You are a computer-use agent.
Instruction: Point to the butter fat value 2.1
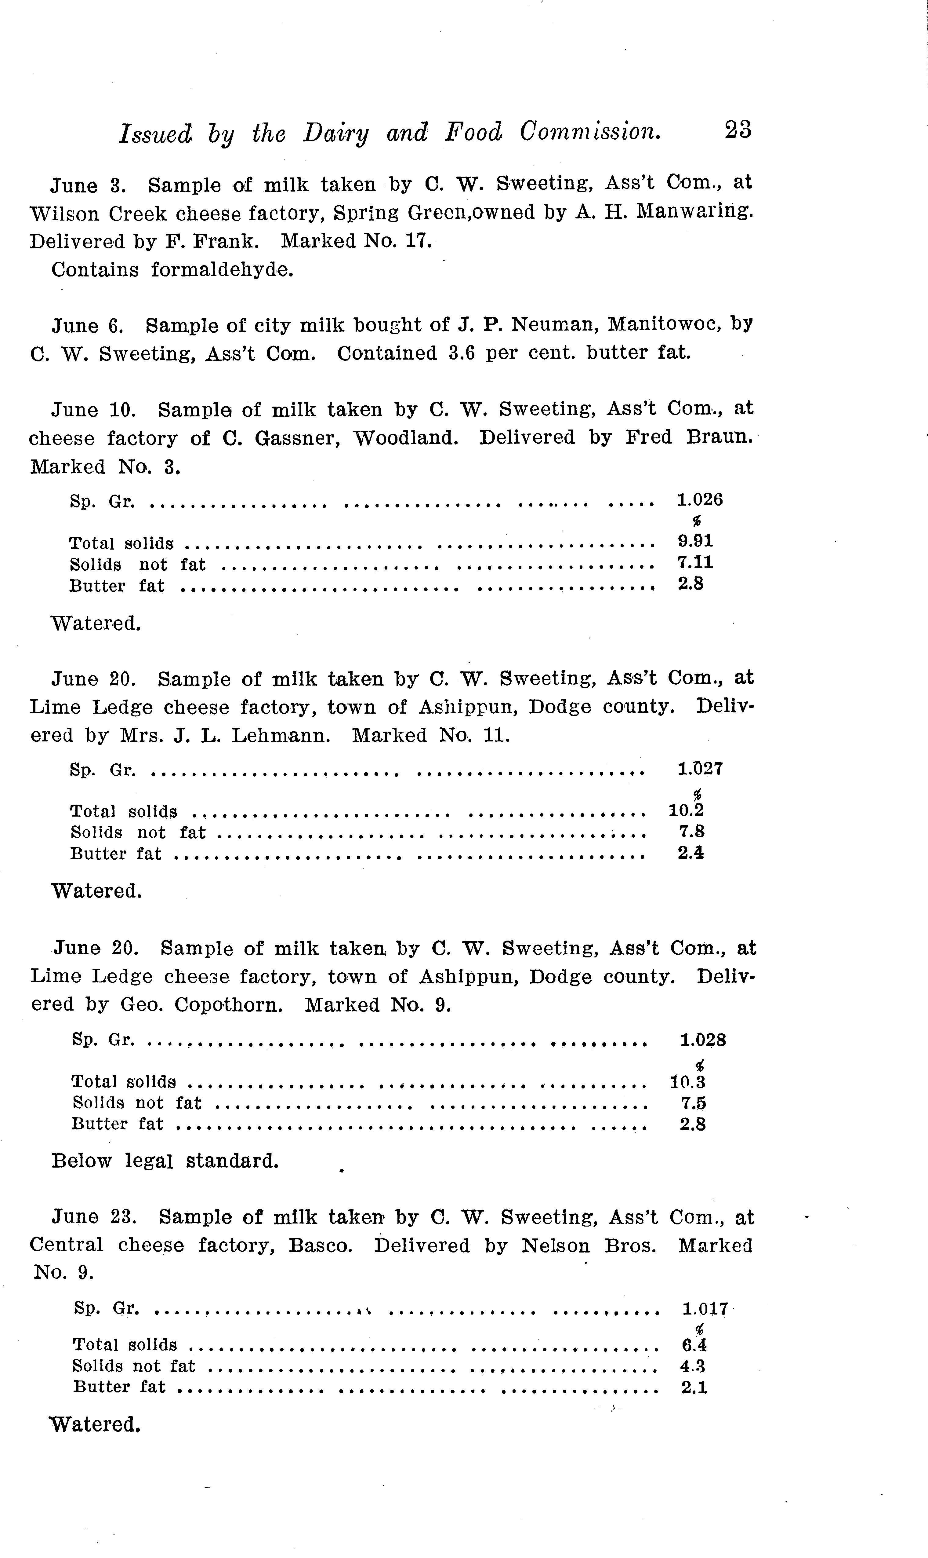coord(694,1387)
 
